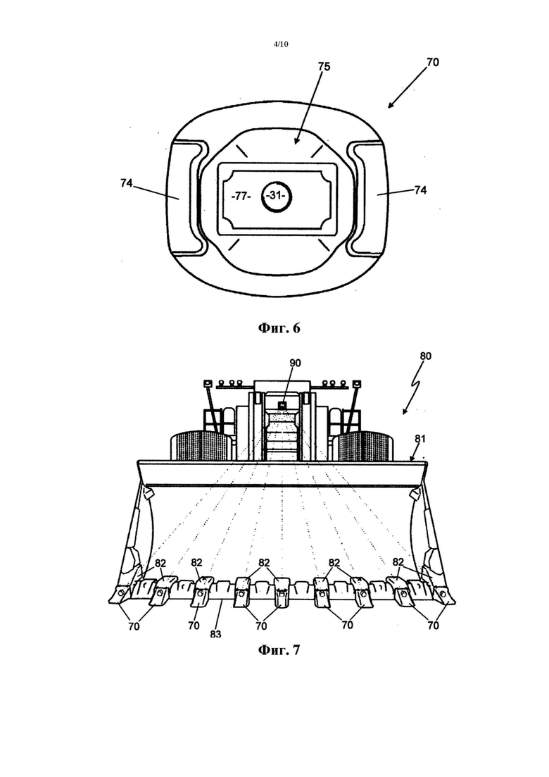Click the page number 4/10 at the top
pos(281,44)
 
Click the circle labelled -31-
pos(276,196)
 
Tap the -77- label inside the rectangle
pos(241,197)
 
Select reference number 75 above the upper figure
pos(324,66)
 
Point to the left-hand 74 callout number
pos(126,183)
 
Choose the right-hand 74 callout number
pos(420,189)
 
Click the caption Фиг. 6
pos(279,328)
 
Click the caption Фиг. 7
pos(279,649)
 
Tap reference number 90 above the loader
pos(295,363)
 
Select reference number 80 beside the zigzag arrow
pos(425,356)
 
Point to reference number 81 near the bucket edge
pos(419,439)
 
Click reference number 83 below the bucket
pos(215,634)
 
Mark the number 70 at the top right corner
pos(433,63)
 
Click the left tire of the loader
pos(200,445)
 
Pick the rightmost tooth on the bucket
pos(443,594)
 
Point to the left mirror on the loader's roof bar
pos(208,383)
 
